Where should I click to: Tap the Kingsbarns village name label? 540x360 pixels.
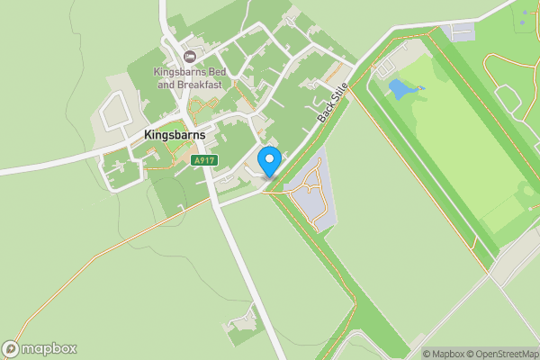pos(175,135)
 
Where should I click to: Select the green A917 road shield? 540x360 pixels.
pos(203,160)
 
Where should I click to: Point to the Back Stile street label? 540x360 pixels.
pos(332,105)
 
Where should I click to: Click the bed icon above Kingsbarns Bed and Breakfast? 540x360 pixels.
pos(189,56)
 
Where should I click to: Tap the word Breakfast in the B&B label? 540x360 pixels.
pos(200,85)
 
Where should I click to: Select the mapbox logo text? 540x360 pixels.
pos(49,349)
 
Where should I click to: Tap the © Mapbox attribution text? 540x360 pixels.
pos(444,354)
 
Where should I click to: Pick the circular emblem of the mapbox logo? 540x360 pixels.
pos(11,349)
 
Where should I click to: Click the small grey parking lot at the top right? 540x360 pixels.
pos(460,32)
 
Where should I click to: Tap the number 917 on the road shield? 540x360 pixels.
pos(206,160)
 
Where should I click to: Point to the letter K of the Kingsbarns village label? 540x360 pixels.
pos(148,135)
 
